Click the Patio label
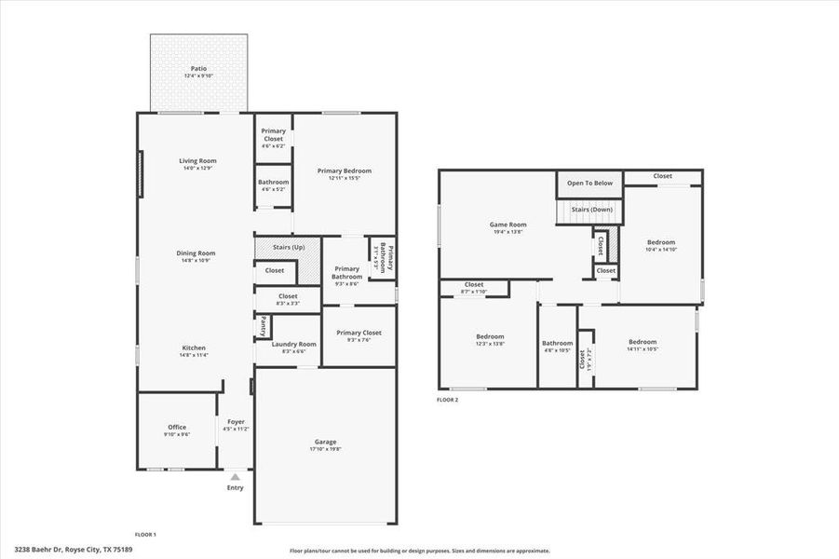click(x=198, y=69)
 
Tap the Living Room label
click(x=197, y=161)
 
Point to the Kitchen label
click(x=194, y=348)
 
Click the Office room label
click(x=177, y=428)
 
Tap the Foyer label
click(x=236, y=422)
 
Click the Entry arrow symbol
click(x=235, y=476)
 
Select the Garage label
click(x=325, y=442)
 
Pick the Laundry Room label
click(x=293, y=344)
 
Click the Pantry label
click(x=264, y=326)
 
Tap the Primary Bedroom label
click(x=344, y=171)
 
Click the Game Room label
click(x=508, y=225)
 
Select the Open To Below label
click(x=589, y=183)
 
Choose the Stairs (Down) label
click(x=591, y=209)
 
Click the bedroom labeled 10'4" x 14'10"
click(x=661, y=242)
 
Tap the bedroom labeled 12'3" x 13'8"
click(x=490, y=337)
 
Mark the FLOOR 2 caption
click(x=448, y=400)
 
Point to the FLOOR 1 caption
click(x=145, y=535)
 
